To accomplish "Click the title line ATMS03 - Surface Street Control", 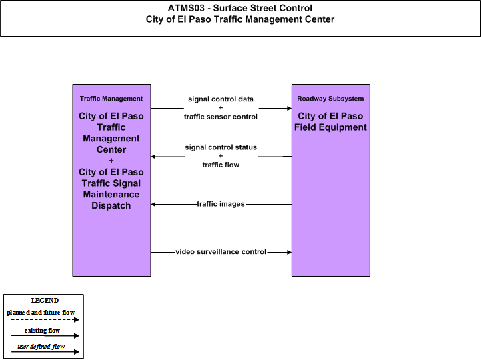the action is (240, 8).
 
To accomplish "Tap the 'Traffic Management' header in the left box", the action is (111, 99).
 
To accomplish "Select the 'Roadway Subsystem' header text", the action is (330, 99).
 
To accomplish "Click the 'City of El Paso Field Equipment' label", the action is (330, 121).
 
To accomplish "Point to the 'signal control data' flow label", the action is (221, 99).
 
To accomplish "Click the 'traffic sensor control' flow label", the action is (221, 117).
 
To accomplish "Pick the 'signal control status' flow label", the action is (221, 147).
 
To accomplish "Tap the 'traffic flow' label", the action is (221, 165).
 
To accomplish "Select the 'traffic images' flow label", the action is (221, 204).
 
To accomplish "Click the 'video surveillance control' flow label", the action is (221, 252).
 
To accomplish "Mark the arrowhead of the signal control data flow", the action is (290, 108).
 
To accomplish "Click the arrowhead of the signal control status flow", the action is (153, 157).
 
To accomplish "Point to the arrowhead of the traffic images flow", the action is (153, 204).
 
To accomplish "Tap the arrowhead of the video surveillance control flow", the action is (290, 252).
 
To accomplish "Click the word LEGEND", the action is (45, 301).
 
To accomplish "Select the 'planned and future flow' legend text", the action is (41, 313).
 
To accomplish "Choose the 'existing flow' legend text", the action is (42, 331).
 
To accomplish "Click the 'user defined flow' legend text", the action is (41, 347).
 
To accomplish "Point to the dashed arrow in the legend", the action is (45, 320).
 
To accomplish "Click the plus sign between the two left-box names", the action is (111, 161).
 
